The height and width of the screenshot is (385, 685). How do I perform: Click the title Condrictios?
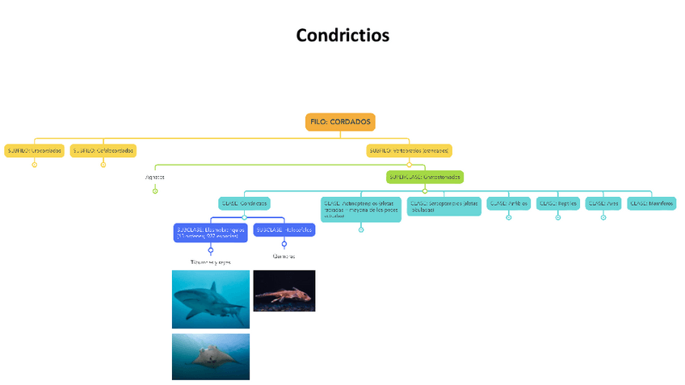[x=342, y=36]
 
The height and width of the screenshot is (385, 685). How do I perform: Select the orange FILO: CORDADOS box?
[x=341, y=122]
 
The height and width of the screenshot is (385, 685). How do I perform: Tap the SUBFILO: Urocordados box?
[x=34, y=150]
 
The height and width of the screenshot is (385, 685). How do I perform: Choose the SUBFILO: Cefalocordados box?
[x=103, y=150]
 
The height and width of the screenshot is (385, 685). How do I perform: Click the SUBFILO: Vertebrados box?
[x=409, y=150]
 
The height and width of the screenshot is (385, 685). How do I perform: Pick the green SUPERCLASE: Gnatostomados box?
[x=425, y=177]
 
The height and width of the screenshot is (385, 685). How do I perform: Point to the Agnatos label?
[x=154, y=177]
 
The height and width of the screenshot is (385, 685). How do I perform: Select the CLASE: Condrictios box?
[x=244, y=203]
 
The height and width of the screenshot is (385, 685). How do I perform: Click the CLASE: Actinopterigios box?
[x=360, y=209]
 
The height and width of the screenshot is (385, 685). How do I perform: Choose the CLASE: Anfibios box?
[x=508, y=203]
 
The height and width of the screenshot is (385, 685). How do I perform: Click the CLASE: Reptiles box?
[x=557, y=203]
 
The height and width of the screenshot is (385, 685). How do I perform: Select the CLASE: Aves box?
[x=603, y=203]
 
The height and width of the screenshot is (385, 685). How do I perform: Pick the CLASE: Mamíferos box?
[x=652, y=203]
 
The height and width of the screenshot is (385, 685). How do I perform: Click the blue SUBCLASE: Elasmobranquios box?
[x=210, y=232]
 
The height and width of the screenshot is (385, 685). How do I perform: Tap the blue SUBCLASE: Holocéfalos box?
[x=284, y=229]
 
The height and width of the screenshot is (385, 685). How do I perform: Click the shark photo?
[x=211, y=299]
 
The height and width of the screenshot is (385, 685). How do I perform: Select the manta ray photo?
[x=211, y=356]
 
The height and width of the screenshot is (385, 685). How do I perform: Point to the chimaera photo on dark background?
[x=284, y=291]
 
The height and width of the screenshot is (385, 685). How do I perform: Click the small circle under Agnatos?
[x=155, y=190]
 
